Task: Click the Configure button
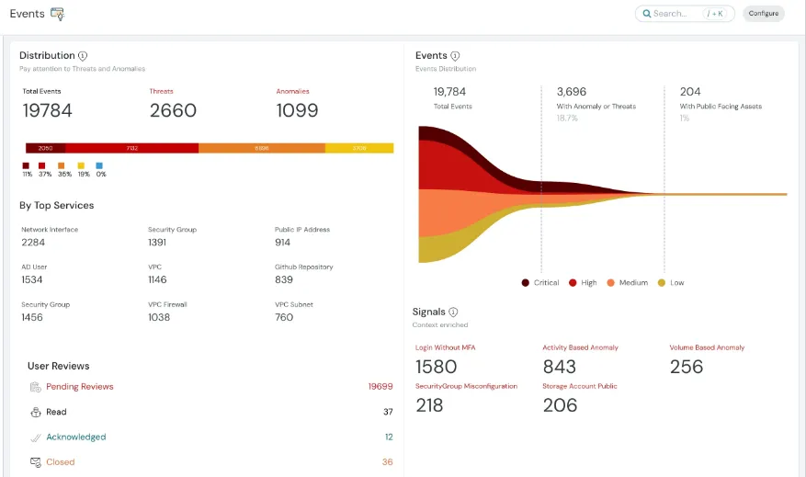(x=763, y=14)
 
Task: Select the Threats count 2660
(x=173, y=110)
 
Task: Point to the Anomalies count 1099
(x=297, y=110)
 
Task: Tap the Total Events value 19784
(x=47, y=110)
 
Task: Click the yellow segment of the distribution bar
(x=359, y=148)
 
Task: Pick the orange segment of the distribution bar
(x=262, y=148)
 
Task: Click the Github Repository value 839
(x=284, y=279)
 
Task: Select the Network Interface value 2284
(x=33, y=243)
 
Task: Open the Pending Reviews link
(x=80, y=387)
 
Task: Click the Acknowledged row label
(x=75, y=437)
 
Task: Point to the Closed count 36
(x=387, y=462)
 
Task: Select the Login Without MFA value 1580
(x=436, y=367)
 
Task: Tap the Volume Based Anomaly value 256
(x=686, y=367)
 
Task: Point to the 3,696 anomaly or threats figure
(x=571, y=92)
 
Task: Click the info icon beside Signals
(x=453, y=312)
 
